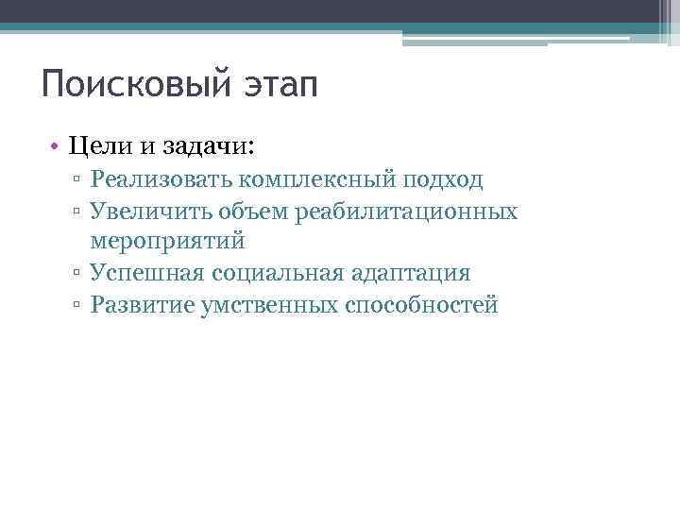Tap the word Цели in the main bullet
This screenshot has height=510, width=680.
[x=99, y=146]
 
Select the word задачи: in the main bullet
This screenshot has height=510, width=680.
[x=208, y=146]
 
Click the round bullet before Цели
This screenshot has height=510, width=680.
[x=58, y=147]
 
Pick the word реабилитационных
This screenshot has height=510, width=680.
[x=406, y=211]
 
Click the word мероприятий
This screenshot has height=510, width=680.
[x=168, y=242]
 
